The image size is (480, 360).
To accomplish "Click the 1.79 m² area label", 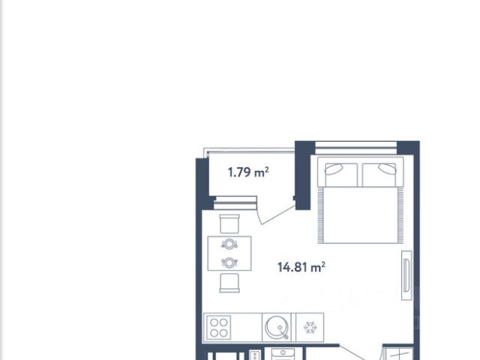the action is (248, 172).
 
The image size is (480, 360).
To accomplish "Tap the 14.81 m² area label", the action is (301, 267).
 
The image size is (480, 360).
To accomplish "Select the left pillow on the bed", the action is (341, 175).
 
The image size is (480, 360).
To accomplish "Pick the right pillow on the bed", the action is (379, 175).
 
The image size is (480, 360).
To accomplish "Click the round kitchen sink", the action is (277, 327).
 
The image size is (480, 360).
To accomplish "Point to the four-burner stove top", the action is (218, 328).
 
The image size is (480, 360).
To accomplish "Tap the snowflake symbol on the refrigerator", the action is (310, 328).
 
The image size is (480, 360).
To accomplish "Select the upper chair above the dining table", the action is (229, 223).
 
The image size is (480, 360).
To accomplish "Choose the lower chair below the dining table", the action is (229, 283).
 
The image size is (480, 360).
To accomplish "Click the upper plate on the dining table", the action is (229, 244).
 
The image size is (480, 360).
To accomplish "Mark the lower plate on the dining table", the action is (229, 262).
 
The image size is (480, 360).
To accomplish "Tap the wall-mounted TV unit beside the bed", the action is (406, 275).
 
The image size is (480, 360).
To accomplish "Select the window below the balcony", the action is (235, 203).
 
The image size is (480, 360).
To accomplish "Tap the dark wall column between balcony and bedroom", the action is (303, 175).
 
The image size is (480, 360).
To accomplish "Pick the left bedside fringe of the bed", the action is (320, 215).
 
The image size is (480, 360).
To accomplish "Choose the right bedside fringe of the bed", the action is (400, 215).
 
